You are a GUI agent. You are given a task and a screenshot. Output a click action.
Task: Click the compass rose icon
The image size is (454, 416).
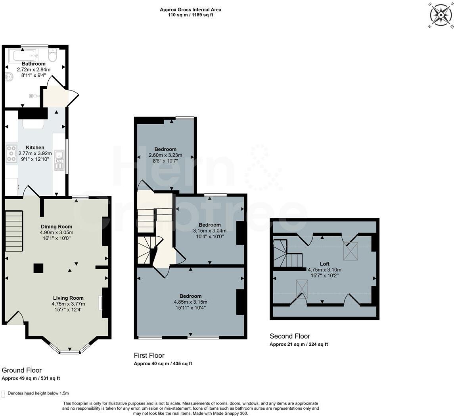click(x=441, y=15)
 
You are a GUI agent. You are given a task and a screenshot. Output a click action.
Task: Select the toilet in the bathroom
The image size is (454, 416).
click(x=53, y=55)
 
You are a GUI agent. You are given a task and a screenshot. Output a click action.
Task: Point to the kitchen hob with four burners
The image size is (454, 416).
click(x=11, y=154)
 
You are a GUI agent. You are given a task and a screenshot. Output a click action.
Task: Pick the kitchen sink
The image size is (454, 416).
click(x=59, y=160)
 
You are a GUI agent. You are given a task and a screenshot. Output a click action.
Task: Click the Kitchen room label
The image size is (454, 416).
click(x=35, y=148)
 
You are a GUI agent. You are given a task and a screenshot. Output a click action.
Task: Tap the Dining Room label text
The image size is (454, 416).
click(x=56, y=227)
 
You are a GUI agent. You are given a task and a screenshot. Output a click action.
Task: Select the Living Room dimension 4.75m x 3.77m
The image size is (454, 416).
click(x=68, y=304)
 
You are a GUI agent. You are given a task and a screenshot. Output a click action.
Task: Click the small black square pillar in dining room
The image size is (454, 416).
click(x=38, y=268)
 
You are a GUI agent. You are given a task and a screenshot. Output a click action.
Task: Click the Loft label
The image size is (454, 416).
click(x=324, y=264)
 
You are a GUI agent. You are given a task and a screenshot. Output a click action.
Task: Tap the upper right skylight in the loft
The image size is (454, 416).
click(x=350, y=251)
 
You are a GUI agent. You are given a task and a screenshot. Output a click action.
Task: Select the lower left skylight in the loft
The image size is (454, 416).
click(x=302, y=289)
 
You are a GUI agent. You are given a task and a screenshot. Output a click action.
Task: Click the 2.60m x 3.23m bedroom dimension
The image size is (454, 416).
click(x=165, y=155)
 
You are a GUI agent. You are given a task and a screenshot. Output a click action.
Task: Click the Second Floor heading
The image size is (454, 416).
click(x=289, y=336)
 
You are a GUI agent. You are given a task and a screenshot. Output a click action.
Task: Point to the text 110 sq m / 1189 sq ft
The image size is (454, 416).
click(x=190, y=15)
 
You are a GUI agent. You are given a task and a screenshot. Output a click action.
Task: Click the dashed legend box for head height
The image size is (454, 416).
click(x=4, y=394)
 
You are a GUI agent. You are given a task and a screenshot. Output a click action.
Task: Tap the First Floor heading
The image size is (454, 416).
click(x=149, y=356)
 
